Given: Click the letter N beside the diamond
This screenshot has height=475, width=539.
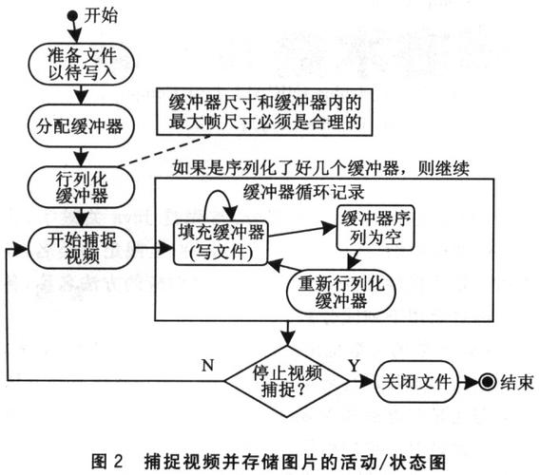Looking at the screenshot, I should click(207, 362).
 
